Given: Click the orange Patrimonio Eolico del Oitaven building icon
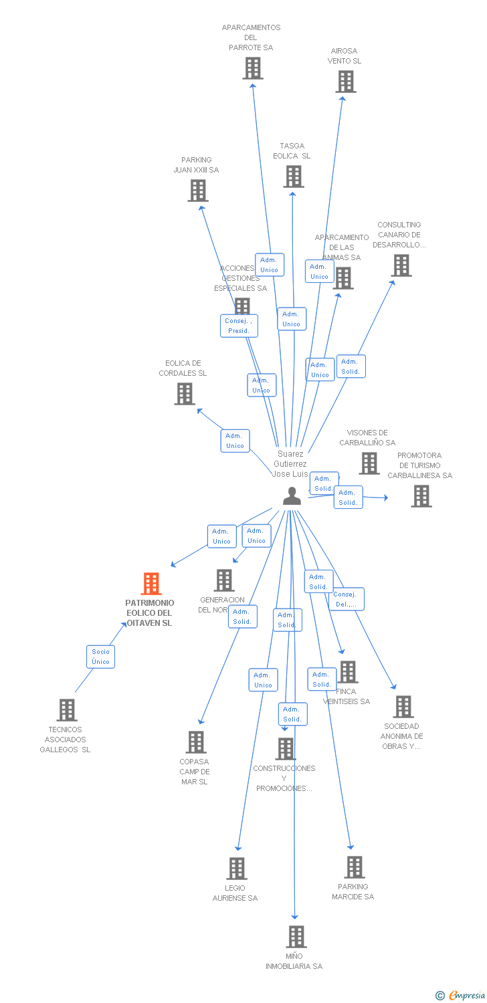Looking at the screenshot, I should pyautogui.click(x=151, y=584).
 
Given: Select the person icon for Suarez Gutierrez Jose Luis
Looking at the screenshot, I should pyautogui.click(x=292, y=495).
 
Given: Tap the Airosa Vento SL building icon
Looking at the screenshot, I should pyautogui.click(x=345, y=82).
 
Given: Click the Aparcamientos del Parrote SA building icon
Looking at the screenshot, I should pyautogui.click(x=252, y=68).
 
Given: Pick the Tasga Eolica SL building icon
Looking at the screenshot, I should pyautogui.click(x=293, y=177).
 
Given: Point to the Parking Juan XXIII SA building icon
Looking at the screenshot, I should pyautogui.click(x=197, y=191).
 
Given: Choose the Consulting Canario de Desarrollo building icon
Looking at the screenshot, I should pyautogui.click(x=401, y=265).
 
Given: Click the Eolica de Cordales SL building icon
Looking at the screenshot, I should pyautogui.click(x=185, y=394).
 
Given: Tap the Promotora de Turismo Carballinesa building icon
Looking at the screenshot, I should pyautogui.click(x=421, y=496).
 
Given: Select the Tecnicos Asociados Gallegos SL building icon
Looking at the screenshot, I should pyautogui.click(x=67, y=709).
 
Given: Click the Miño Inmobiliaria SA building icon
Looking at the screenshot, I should pyautogui.click(x=296, y=936).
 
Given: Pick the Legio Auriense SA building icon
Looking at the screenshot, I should pyautogui.click(x=236, y=869).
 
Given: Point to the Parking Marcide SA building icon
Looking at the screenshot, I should pyautogui.click(x=354, y=867).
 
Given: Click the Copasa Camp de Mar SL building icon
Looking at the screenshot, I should pyautogui.click(x=195, y=742).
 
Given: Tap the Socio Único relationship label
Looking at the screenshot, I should pyautogui.click(x=100, y=657).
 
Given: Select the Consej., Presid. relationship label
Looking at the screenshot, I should pyautogui.click(x=239, y=326).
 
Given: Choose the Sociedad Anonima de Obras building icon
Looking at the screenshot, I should pyautogui.click(x=403, y=707).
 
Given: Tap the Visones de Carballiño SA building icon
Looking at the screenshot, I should pyautogui.click(x=369, y=463).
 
